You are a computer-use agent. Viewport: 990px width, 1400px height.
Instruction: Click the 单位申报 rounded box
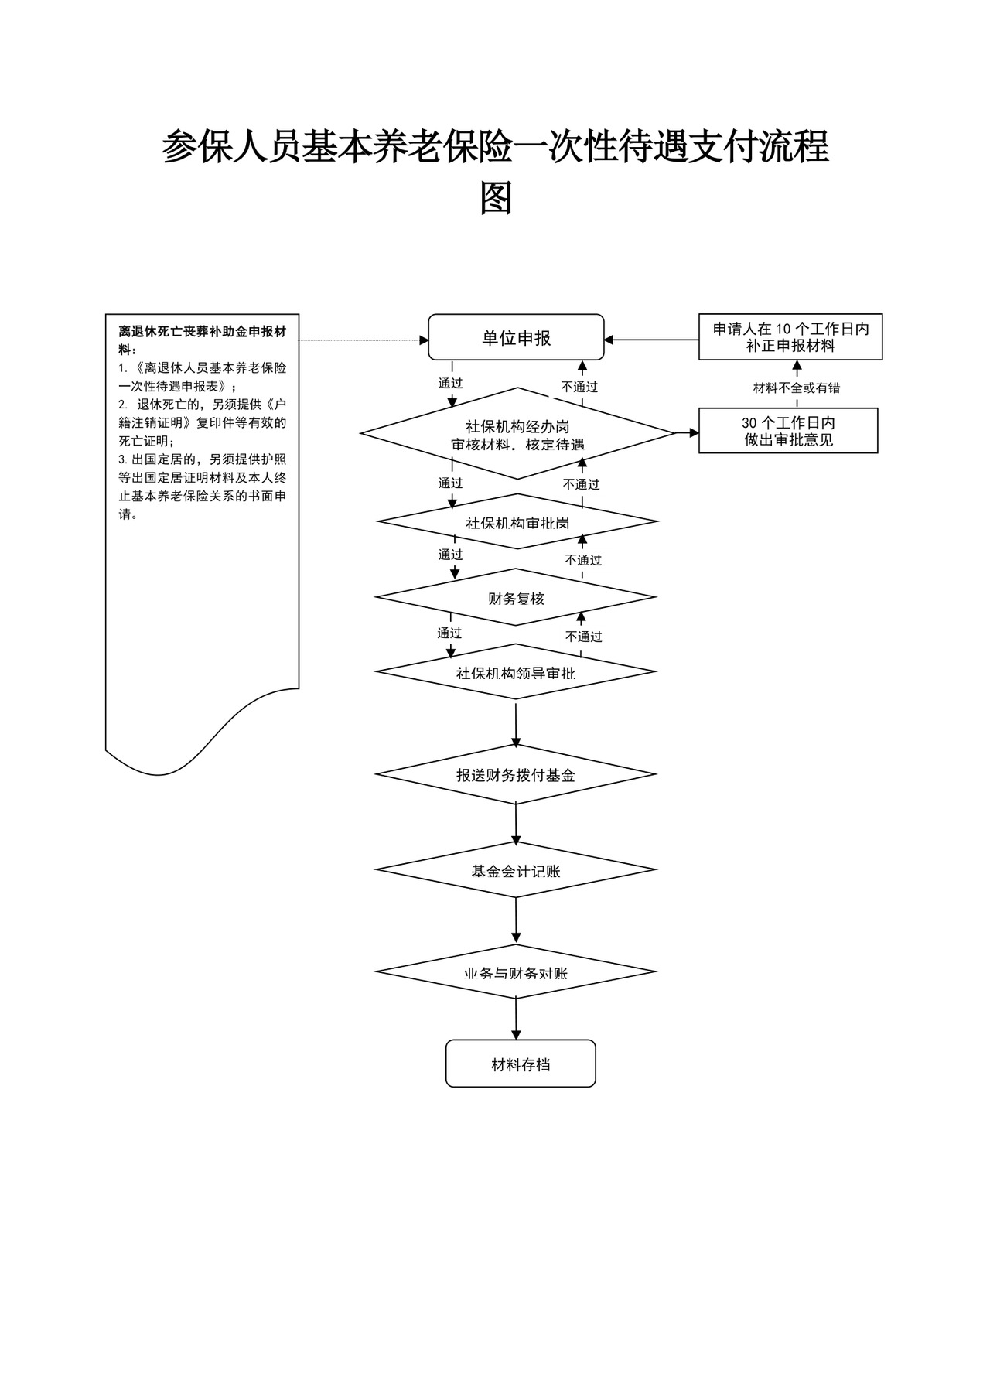(516, 337)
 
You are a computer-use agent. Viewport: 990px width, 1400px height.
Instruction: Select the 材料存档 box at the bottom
(521, 1064)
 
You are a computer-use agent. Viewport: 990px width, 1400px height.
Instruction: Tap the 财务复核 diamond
(516, 598)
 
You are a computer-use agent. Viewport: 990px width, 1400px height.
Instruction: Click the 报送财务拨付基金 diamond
(516, 774)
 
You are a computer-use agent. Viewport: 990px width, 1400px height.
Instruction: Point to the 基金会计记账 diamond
(516, 870)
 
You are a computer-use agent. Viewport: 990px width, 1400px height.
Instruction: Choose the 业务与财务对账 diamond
(516, 972)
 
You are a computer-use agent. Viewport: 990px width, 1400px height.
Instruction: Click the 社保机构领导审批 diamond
(516, 672)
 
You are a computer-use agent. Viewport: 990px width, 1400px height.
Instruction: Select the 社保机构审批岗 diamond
(517, 522)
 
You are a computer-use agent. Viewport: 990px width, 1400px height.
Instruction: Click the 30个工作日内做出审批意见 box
(788, 431)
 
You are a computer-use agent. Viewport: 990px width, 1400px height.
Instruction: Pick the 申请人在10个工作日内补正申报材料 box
(790, 337)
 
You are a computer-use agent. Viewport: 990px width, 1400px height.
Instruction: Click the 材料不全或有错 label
(797, 388)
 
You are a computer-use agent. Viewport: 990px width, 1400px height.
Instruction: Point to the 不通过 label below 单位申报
(580, 387)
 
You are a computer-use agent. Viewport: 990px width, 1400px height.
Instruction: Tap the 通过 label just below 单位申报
(450, 383)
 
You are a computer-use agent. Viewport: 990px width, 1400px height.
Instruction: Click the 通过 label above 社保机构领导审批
(449, 633)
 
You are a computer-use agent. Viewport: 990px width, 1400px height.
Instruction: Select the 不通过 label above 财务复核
(583, 560)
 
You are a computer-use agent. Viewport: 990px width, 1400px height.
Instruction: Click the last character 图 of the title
(496, 198)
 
